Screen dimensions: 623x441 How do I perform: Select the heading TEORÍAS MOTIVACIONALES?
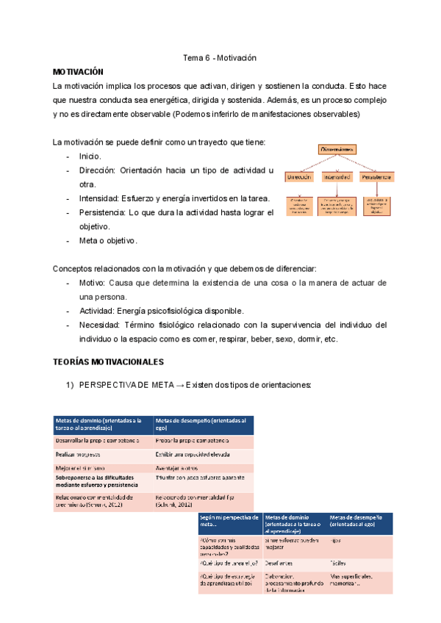(x=109, y=362)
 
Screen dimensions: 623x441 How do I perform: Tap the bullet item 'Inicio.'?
(x=91, y=156)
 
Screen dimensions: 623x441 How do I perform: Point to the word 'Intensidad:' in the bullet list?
(x=100, y=198)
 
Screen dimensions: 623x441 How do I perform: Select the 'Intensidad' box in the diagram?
(x=337, y=178)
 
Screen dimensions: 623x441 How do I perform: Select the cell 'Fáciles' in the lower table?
(x=339, y=559)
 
